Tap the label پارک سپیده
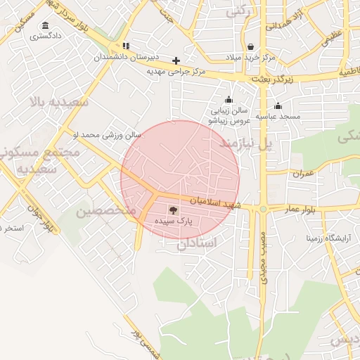coord(174,221)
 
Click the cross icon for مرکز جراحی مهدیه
coord(176,60)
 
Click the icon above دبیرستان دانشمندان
coord(126,46)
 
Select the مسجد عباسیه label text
coord(277,116)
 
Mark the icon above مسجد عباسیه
coord(278,106)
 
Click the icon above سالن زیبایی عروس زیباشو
coord(227,100)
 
